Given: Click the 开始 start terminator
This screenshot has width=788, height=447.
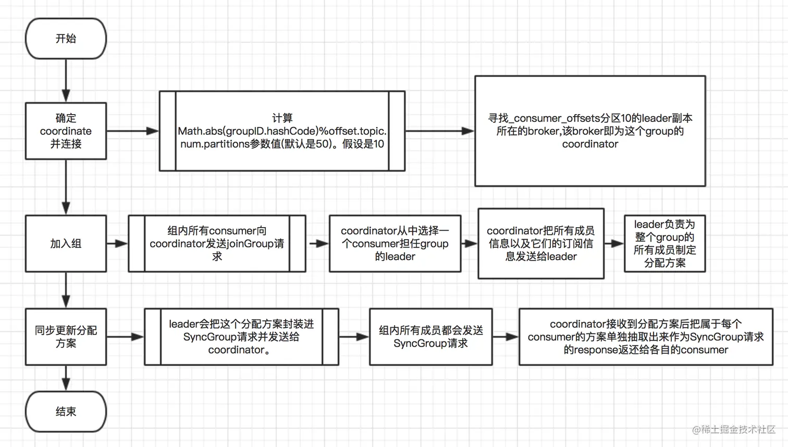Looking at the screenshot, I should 66,39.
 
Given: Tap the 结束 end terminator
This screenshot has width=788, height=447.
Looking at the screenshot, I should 66,412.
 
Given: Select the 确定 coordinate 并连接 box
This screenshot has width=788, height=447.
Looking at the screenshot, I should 66,131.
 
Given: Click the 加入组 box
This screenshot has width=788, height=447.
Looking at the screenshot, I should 66,243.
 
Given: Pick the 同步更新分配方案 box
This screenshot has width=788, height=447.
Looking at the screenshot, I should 66,337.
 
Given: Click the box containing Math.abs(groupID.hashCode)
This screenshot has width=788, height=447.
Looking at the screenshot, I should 282,131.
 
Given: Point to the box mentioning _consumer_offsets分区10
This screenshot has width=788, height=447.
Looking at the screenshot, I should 590,131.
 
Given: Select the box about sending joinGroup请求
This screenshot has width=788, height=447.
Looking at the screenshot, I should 217,243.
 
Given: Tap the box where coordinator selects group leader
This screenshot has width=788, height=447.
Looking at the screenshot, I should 395,243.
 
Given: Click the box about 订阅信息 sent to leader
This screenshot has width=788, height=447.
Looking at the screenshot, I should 541,243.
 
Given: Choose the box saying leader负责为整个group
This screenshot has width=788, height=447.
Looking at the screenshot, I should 664,243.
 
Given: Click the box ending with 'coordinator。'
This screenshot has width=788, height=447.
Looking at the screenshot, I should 241,337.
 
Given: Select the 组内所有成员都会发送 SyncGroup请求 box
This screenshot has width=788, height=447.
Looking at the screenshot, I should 430,337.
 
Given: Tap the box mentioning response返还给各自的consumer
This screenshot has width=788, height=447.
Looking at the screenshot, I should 646,337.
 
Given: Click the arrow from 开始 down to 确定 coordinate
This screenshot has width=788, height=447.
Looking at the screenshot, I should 66,80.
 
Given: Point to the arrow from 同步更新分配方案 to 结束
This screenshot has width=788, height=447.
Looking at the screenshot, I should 66,378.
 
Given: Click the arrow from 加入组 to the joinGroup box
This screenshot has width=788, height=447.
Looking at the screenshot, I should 117,243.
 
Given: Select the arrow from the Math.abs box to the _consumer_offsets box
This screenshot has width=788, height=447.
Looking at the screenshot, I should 439,131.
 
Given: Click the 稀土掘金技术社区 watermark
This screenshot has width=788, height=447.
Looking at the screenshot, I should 734,429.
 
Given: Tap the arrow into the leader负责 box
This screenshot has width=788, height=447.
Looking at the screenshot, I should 614,243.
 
